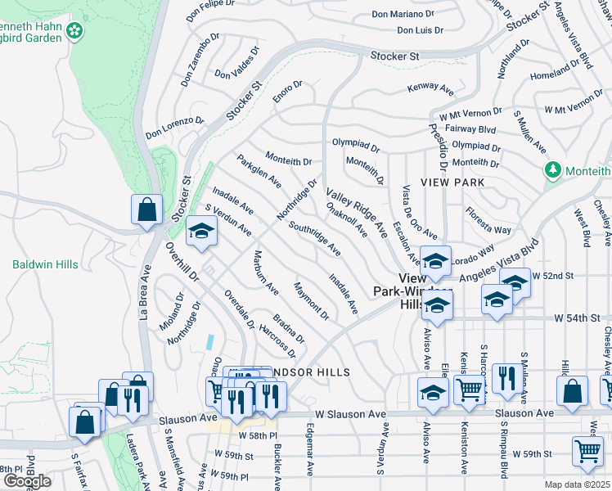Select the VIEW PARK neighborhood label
click(453, 182)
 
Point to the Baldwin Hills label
click(46, 264)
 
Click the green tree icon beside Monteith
click(553, 170)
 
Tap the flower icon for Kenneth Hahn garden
click(75, 30)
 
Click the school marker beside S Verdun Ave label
click(200, 232)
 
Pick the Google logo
click(26, 480)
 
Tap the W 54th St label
click(577, 317)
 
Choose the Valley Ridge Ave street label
click(357, 214)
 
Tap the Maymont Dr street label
click(312, 300)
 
